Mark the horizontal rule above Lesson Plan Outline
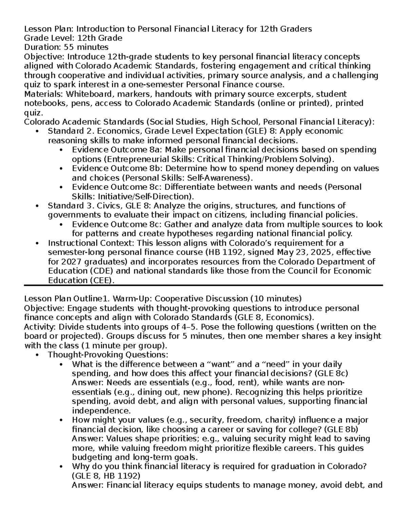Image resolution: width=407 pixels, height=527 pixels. tap(203, 286)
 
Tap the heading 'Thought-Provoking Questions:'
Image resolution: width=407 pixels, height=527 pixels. tap(108, 355)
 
